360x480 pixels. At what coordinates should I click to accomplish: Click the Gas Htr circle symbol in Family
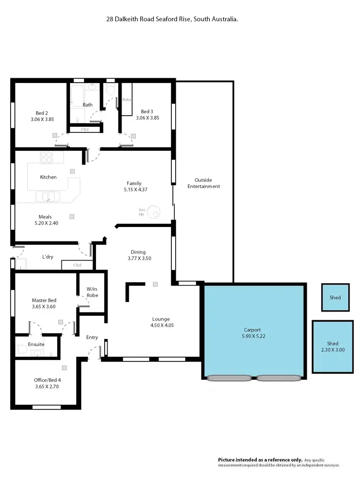154,211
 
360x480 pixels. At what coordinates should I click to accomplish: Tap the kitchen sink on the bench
47,196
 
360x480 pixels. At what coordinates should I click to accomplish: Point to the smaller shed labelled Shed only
335,298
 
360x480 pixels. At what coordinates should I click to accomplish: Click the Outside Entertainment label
204,183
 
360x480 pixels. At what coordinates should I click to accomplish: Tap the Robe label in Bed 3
127,100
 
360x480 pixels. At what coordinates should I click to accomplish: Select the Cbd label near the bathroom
84,129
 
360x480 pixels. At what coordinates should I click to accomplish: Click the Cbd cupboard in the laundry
77,265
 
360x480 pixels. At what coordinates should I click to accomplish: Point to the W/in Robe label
92,292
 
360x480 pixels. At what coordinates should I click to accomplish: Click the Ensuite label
36,344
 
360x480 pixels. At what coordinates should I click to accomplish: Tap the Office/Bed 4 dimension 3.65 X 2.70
47,386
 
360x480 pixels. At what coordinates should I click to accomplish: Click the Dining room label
138,252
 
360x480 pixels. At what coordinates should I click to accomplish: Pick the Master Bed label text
44,300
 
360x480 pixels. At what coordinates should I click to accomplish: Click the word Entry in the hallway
92,337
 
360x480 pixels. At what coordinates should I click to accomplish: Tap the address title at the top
172,19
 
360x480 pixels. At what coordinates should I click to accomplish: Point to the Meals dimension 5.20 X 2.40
47,223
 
